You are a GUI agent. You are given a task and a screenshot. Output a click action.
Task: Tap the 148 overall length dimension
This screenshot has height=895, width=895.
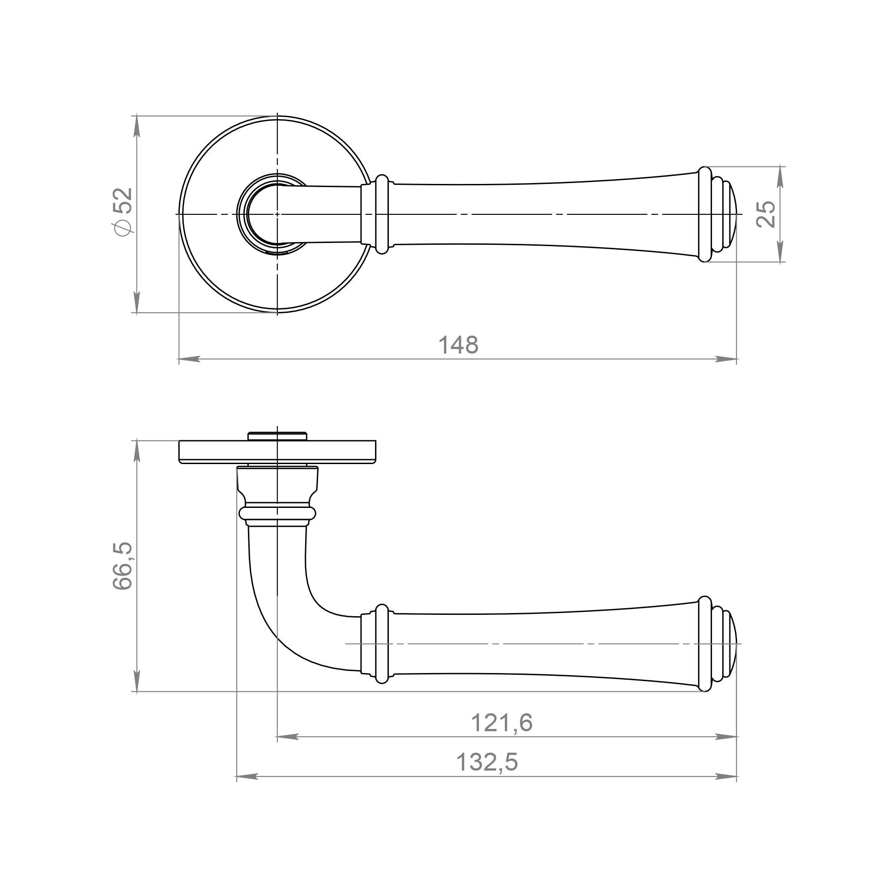[458, 345]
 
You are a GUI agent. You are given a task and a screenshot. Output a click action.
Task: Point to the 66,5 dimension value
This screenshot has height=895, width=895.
[123, 566]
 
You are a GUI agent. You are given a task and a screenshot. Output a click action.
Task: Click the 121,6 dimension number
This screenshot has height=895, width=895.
[502, 723]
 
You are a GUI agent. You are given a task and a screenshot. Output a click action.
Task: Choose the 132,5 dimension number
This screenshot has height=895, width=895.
[487, 762]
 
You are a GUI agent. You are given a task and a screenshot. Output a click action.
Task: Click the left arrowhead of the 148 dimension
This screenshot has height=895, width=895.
[189, 358]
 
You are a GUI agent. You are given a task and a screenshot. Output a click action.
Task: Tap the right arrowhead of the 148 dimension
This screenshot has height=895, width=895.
[726, 358]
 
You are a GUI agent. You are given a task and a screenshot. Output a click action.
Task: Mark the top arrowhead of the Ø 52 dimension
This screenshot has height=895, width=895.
[136, 126]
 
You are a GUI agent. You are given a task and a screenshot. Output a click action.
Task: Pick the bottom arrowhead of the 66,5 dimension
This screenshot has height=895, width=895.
[136, 681]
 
